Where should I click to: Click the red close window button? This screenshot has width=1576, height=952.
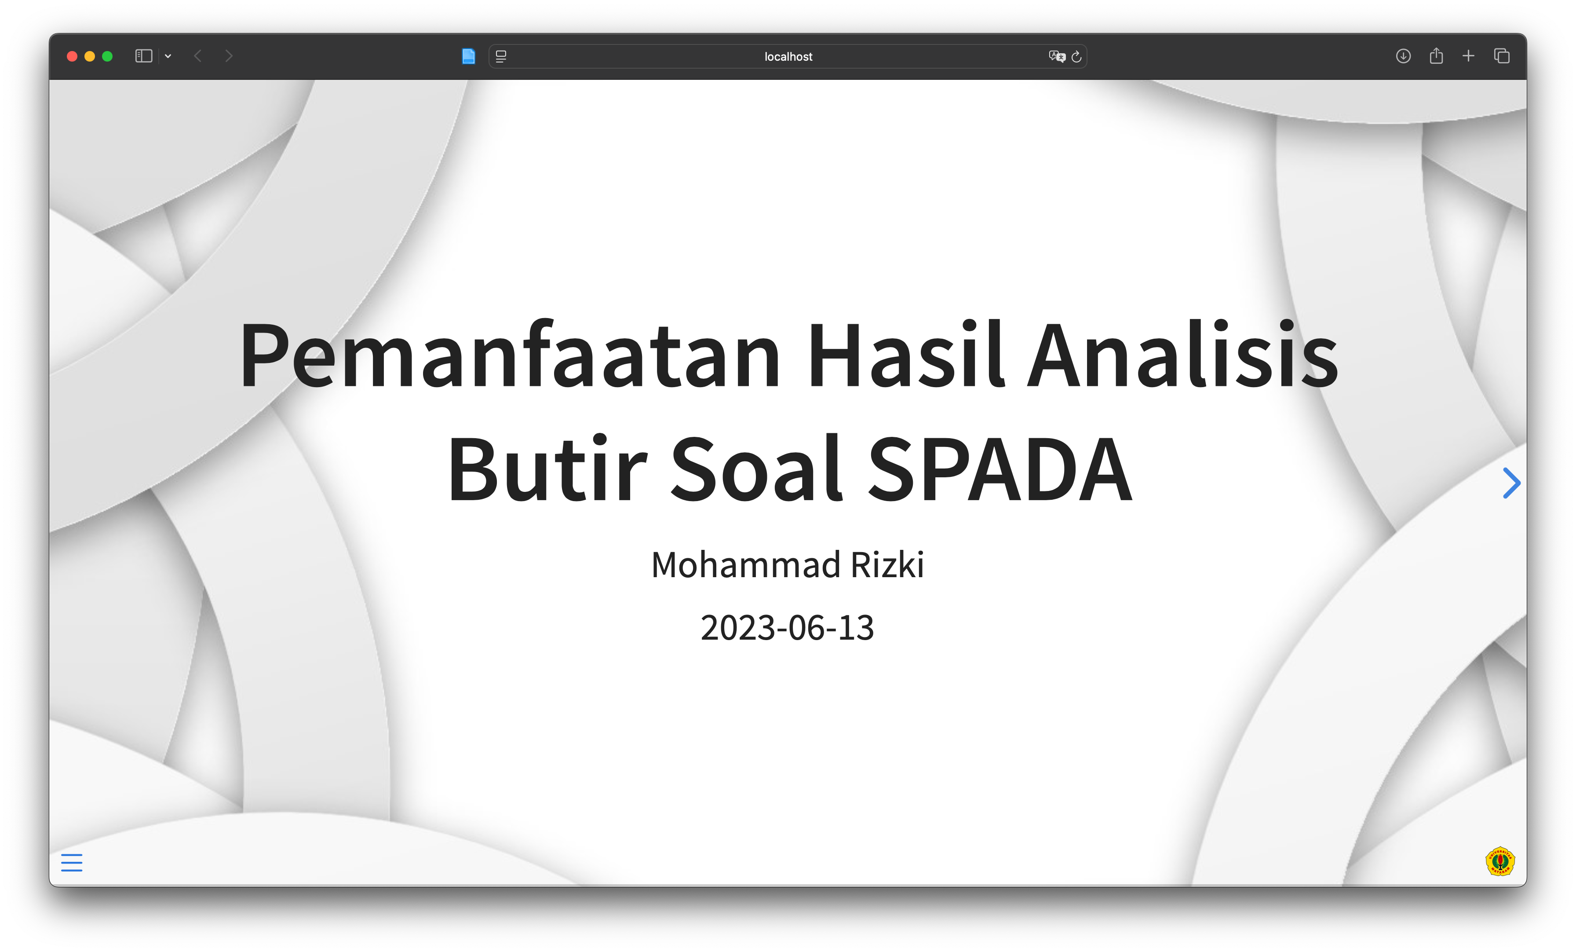72,56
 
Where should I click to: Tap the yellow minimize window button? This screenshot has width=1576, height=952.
90,56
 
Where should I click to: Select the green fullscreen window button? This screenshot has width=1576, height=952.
107,56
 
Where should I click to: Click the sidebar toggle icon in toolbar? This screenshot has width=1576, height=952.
144,56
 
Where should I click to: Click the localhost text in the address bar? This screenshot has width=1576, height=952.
788,56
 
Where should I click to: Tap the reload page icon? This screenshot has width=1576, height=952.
1076,56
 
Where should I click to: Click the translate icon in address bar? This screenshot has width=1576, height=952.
1057,56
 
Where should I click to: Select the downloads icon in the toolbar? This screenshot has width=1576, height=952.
1403,56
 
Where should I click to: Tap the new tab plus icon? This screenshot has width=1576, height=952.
1469,56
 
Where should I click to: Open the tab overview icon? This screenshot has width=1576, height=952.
1502,56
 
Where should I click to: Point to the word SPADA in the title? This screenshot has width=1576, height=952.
1000,468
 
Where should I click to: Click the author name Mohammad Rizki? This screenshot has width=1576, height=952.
788,564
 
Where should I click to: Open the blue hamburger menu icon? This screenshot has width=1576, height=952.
72,862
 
